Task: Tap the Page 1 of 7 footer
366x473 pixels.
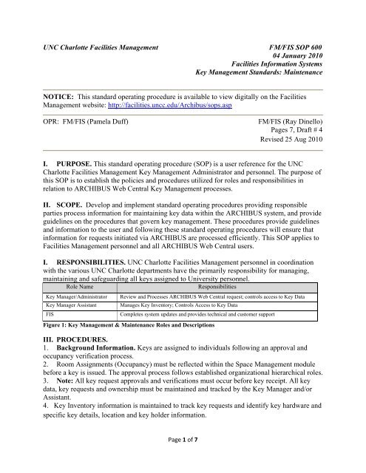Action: (x=182, y=460)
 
